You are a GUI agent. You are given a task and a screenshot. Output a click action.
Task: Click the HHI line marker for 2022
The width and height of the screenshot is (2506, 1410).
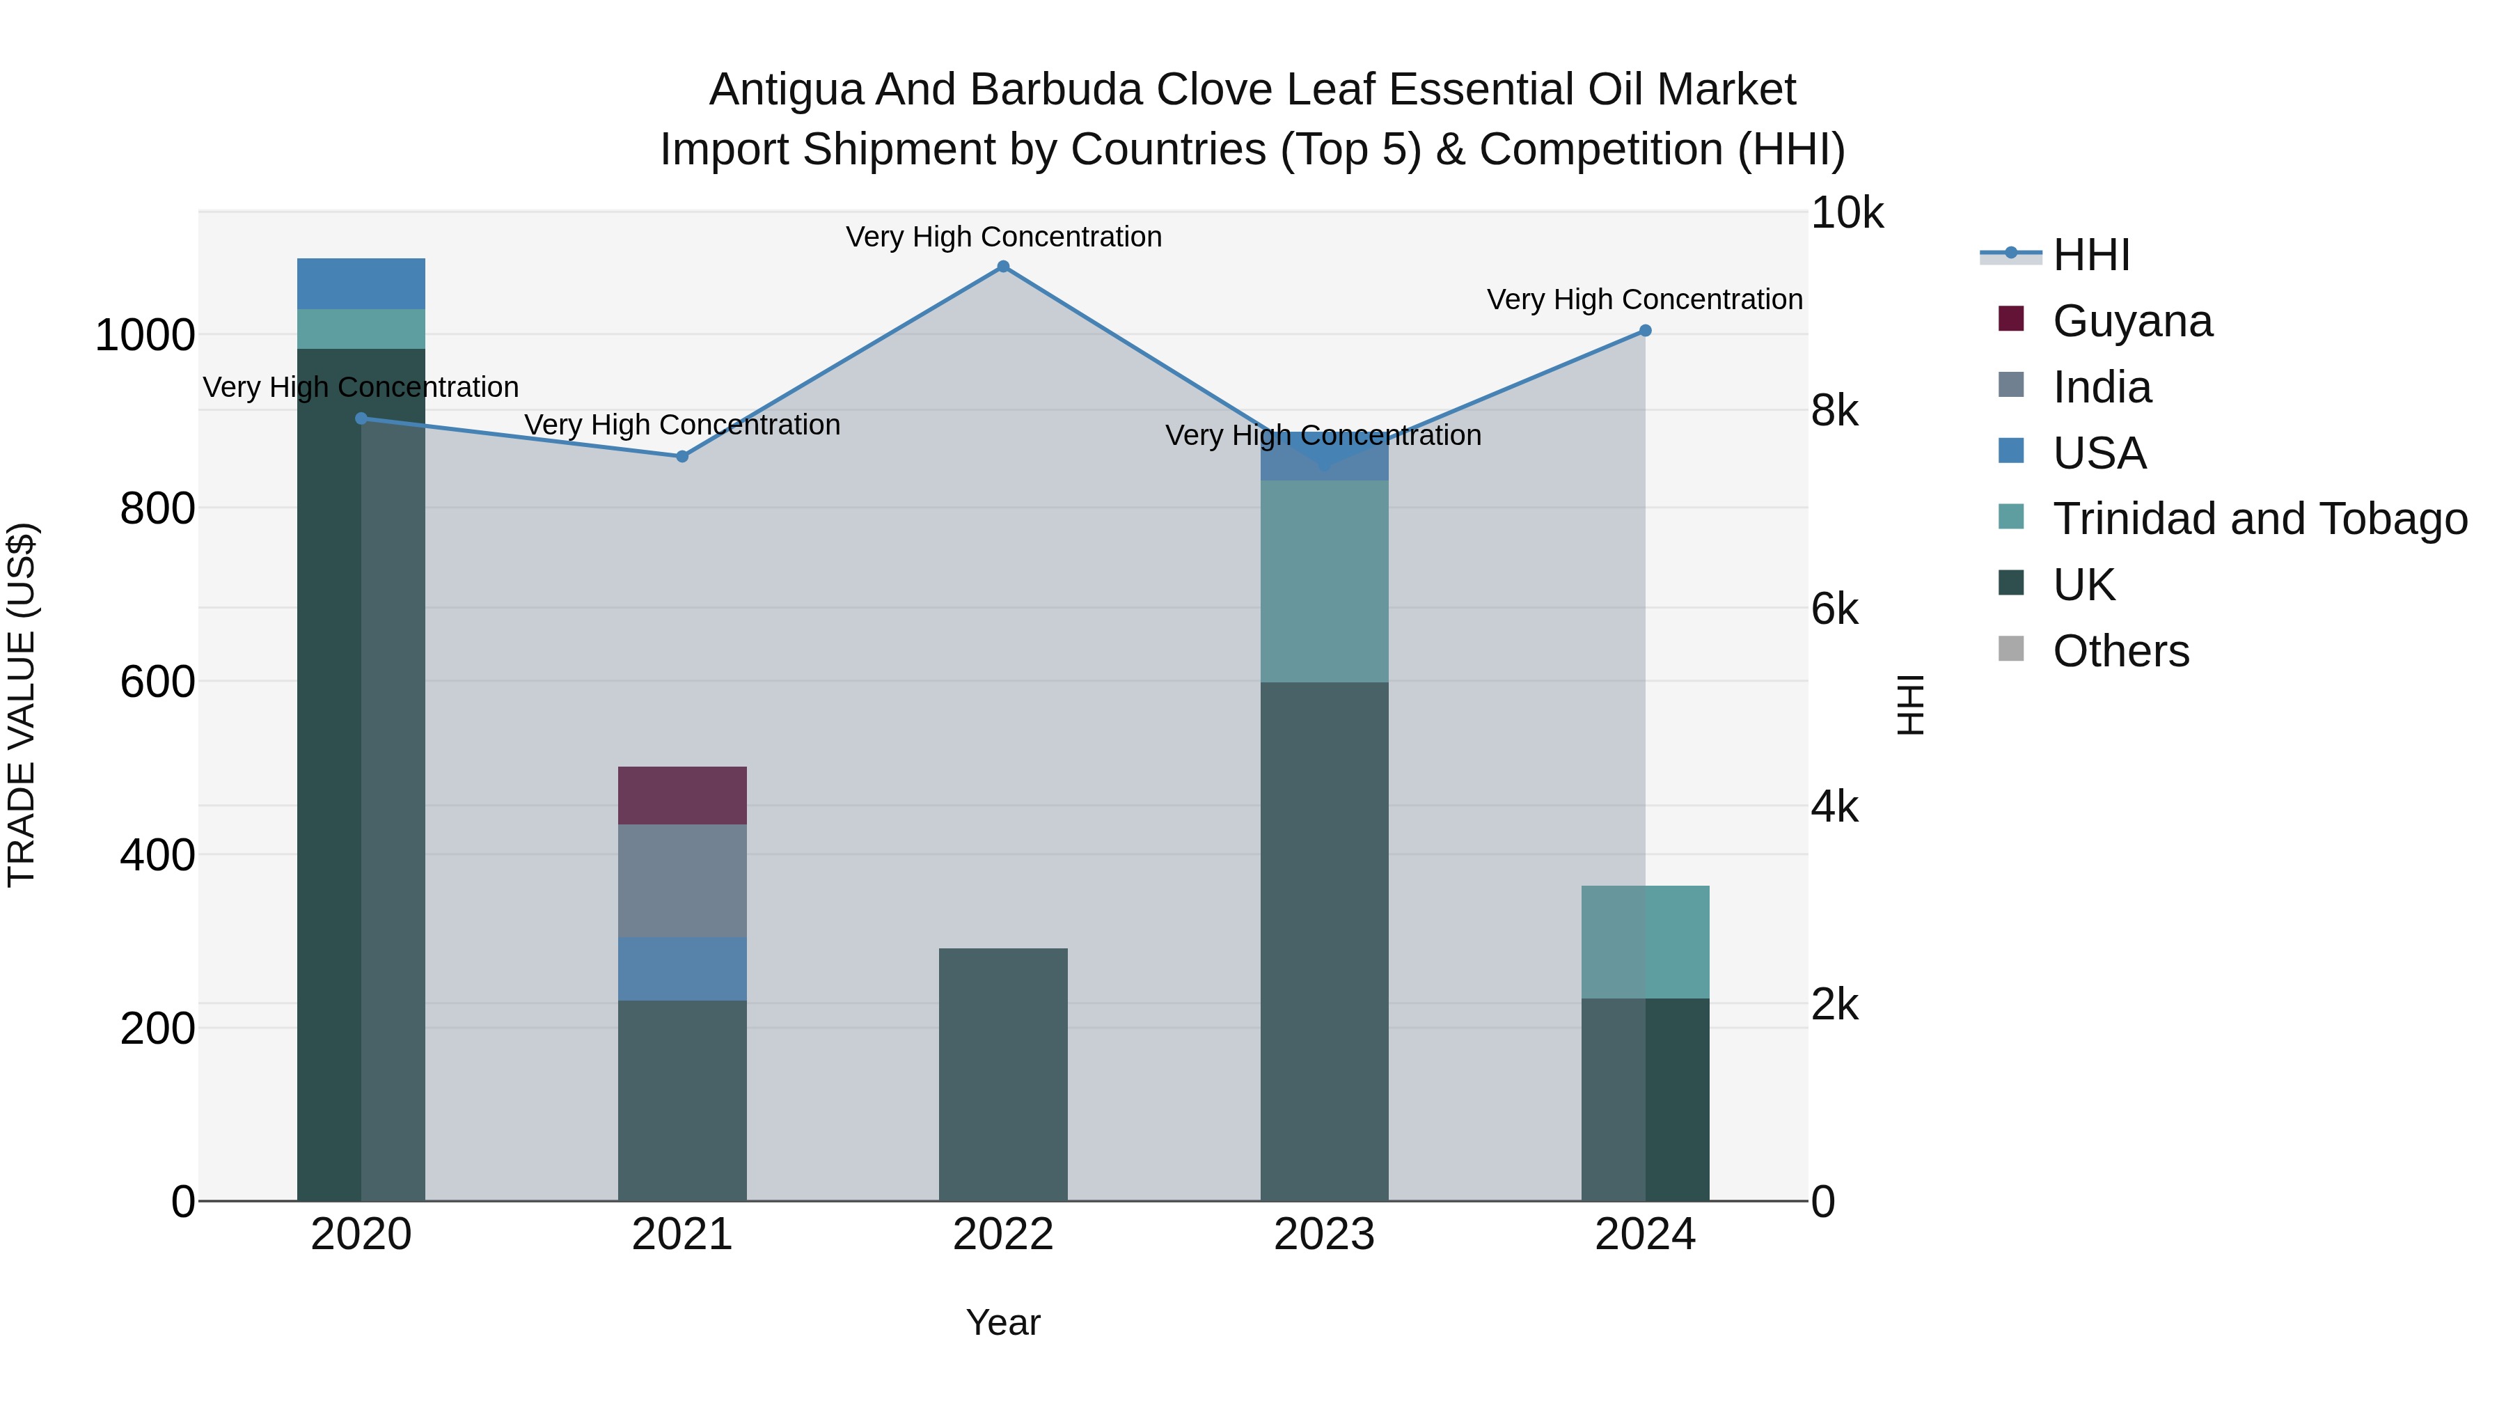[1003, 267]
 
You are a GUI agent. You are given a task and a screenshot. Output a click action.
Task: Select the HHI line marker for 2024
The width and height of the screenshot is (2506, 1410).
[1645, 331]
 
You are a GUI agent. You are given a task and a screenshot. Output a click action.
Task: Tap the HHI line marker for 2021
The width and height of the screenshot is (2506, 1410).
[682, 456]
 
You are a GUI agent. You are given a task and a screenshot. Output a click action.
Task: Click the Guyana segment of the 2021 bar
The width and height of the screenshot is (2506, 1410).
[682, 795]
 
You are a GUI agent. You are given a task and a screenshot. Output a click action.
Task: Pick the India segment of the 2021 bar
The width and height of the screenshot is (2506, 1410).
[682, 881]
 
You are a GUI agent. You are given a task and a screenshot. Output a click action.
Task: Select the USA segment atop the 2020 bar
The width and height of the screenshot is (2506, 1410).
[361, 284]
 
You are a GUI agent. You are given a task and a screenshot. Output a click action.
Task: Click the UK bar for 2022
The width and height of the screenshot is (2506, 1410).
[1003, 1074]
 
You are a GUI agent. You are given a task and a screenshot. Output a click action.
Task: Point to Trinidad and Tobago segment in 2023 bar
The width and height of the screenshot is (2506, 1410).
[1324, 581]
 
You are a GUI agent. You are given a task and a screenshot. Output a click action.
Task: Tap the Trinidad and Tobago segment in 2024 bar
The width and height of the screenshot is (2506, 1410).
[1645, 942]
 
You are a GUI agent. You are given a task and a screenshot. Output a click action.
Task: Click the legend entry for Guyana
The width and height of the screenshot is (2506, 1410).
[2131, 321]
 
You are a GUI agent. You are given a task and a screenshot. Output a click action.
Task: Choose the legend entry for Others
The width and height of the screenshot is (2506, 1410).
[2121, 651]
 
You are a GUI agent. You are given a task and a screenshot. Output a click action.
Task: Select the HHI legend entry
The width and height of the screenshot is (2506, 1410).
[2092, 255]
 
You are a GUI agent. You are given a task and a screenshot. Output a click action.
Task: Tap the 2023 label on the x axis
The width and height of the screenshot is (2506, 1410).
[1324, 1235]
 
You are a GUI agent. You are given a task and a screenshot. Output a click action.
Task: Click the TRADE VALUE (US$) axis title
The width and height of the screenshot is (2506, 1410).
[22, 705]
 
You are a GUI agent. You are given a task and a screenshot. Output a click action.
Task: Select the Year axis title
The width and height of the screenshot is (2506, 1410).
[1003, 1322]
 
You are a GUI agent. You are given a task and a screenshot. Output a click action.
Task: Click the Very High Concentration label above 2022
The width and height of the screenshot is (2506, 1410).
[1003, 237]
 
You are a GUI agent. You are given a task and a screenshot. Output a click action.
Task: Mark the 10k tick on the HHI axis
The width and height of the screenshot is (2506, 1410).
[1846, 213]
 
